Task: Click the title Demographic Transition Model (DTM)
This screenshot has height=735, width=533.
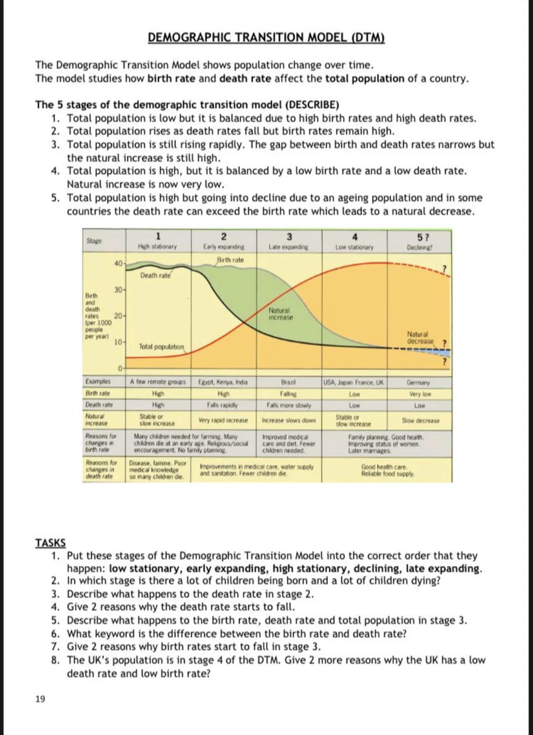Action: (x=266, y=37)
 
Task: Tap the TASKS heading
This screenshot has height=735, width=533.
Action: (x=50, y=543)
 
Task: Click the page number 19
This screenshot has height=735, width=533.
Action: (x=40, y=698)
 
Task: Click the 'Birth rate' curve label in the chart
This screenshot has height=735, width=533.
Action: (x=230, y=260)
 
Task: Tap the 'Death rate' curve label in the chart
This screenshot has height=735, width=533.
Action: (x=155, y=275)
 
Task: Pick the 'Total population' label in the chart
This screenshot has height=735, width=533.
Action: (x=161, y=347)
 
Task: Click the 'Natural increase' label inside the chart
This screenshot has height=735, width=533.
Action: (x=280, y=314)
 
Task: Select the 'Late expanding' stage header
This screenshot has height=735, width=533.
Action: (x=289, y=247)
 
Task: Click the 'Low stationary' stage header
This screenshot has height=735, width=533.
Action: (x=354, y=247)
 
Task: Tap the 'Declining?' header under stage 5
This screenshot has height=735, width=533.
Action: (x=419, y=247)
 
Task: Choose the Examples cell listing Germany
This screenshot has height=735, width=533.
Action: (x=419, y=382)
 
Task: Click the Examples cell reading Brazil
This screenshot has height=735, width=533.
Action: (x=288, y=382)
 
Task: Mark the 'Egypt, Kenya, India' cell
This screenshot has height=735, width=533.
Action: (x=223, y=382)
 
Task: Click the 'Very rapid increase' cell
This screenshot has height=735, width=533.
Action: (x=223, y=420)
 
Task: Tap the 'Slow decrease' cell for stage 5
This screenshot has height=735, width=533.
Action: (x=420, y=421)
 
